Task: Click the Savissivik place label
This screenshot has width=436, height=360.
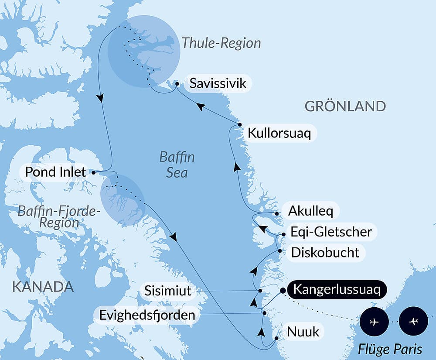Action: [x=218, y=83]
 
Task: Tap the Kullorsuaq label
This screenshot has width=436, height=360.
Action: [x=279, y=133]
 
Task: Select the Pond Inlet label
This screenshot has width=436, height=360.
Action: [x=56, y=172]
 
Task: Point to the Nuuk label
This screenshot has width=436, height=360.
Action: [x=303, y=332]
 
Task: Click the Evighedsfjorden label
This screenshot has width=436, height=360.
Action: [x=147, y=315]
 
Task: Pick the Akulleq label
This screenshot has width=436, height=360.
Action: [x=311, y=212]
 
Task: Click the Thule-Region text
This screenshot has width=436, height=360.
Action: [x=221, y=43]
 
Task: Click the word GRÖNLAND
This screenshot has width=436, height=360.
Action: [x=345, y=106]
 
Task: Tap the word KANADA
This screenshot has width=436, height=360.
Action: [x=42, y=287]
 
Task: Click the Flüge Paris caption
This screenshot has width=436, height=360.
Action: [x=390, y=349]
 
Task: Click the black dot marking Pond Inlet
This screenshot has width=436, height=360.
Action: [x=94, y=172]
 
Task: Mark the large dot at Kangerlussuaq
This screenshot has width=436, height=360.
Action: [x=283, y=290]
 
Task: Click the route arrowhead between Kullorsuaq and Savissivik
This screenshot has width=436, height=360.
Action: [x=200, y=106]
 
